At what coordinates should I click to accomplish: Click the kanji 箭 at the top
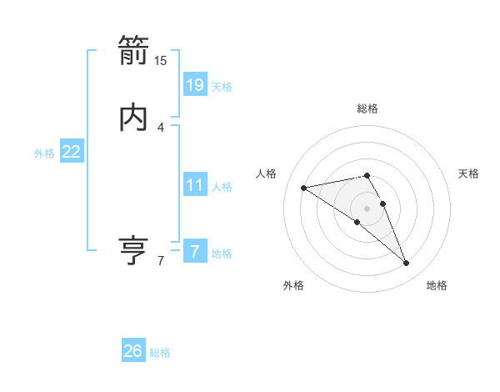[x=133, y=50]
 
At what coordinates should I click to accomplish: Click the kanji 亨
[x=133, y=249]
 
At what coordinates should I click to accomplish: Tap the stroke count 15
[x=161, y=61]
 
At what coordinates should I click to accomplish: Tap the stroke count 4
[x=161, y=128]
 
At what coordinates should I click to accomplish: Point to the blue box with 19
[x=194, y=84]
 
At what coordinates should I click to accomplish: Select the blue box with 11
[x=194, y=185]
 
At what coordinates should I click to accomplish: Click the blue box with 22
[x=72, y=152]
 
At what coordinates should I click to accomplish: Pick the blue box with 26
[x=133, y=351]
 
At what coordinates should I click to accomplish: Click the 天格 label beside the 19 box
[x=222, y=87]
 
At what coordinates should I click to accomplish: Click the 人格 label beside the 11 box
[x=222, y=187]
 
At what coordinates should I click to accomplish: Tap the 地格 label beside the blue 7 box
[x=222, y=254]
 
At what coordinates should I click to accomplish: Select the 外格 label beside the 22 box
[x=44, y=153]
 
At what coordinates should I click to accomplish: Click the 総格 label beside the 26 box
[x=160, y=353]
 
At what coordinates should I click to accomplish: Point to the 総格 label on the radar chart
[x=367, y=108]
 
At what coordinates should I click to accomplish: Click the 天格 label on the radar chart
[x=468, y=173]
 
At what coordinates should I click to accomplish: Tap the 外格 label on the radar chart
[x=293, y=285]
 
